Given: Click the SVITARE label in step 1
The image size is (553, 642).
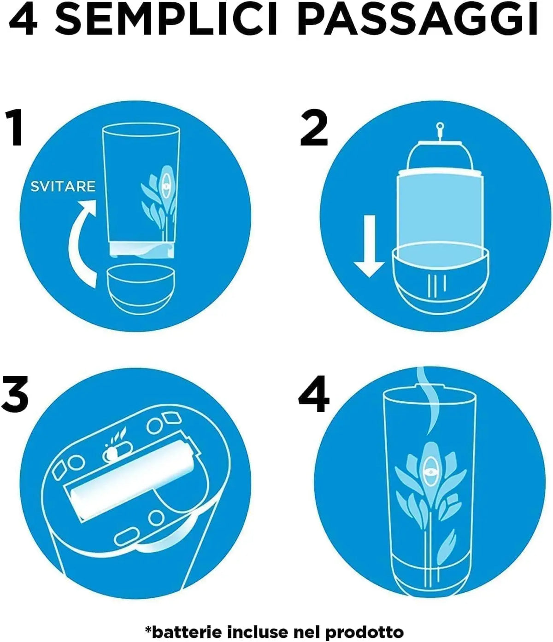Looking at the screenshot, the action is pos(63,187).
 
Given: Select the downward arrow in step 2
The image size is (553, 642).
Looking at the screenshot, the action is pos(369,245).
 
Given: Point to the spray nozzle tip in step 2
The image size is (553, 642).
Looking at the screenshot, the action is pos(440,126).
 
